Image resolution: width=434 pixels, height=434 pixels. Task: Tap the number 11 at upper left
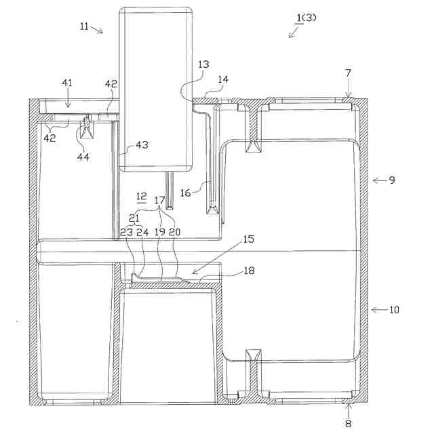(84, 25)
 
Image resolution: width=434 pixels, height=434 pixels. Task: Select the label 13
(203, 64)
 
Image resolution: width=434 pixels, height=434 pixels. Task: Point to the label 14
(223, 79)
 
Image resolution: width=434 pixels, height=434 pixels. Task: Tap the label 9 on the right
(391, 180)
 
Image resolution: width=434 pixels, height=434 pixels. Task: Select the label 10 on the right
(394, 309)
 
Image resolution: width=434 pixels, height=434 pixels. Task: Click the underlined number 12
(142, 197)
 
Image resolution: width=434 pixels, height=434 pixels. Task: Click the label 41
(66, 83)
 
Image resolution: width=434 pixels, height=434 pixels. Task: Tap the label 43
(142, 144)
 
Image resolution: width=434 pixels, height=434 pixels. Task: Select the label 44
(83, 157)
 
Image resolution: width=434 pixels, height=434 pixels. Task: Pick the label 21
(134, 218)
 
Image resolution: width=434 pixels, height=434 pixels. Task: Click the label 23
(126, 231)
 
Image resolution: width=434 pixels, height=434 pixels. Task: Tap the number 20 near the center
(175, 231)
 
